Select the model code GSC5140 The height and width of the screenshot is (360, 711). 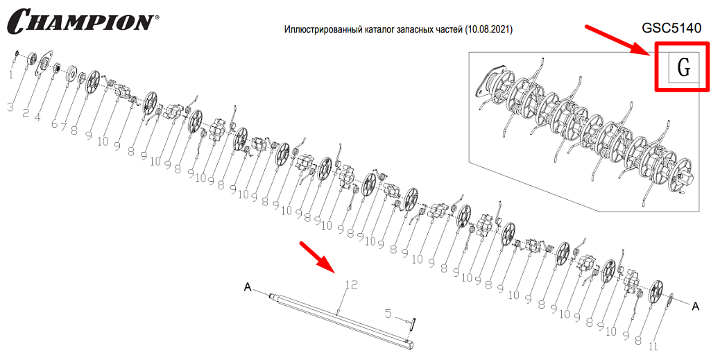point(671,28)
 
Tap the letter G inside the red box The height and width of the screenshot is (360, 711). point(683,67)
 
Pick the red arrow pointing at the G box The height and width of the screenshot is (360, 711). point(618,42)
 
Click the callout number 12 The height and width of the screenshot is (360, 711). point(352,284)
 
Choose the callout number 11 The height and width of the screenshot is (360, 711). point(653,346)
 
